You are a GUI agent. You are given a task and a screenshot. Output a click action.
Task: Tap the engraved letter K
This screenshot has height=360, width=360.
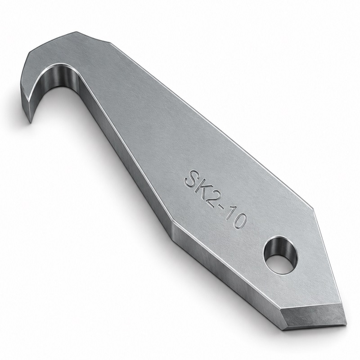[x=204, y=190]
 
